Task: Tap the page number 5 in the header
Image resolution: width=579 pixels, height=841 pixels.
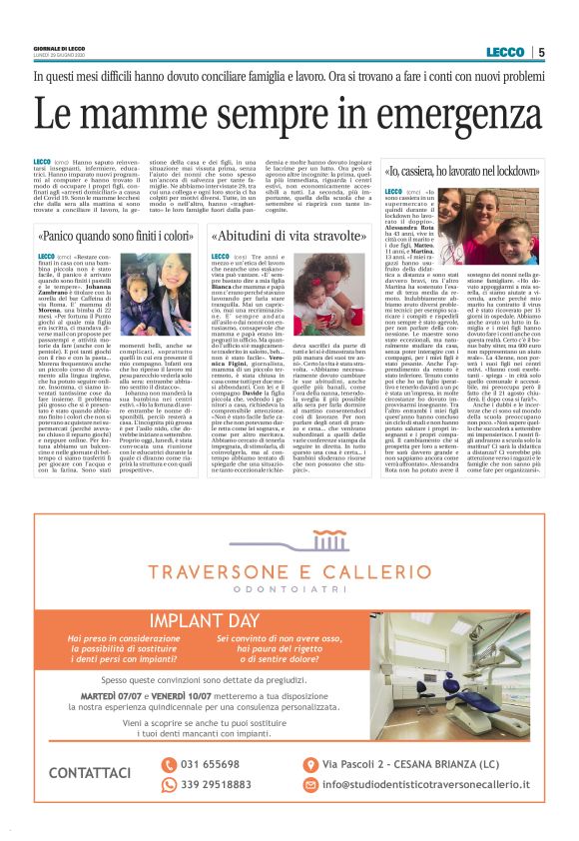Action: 540,52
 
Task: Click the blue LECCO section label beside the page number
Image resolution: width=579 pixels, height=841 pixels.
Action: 505,52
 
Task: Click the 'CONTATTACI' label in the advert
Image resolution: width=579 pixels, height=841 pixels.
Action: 90,773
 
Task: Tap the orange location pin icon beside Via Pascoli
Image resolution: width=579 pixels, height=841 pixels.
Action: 312,765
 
